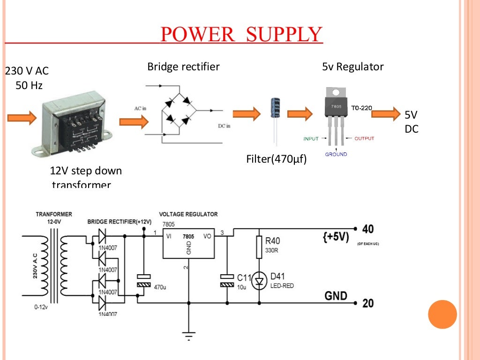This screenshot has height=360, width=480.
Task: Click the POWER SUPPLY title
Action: click(241, 35)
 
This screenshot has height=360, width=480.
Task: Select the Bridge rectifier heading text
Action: click(183, 67)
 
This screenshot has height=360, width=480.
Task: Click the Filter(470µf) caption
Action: click(277, 159)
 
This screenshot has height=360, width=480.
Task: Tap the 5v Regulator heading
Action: click(352, 67)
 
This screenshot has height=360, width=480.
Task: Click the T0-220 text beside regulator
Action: click(361, 108)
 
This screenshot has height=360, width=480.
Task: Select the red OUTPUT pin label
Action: click(364, 139)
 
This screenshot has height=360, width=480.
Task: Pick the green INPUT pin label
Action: click(311, 139)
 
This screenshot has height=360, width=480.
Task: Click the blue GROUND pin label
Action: click(336, 154)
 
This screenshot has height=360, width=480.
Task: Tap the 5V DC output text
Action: click(411, 121)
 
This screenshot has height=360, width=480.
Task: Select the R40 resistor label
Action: click(272, 241)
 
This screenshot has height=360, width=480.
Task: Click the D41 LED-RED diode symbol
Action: click(259, 281)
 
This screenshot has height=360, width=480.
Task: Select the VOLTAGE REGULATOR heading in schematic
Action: click(188, 214)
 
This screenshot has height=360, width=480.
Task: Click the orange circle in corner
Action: click(442, 314)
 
